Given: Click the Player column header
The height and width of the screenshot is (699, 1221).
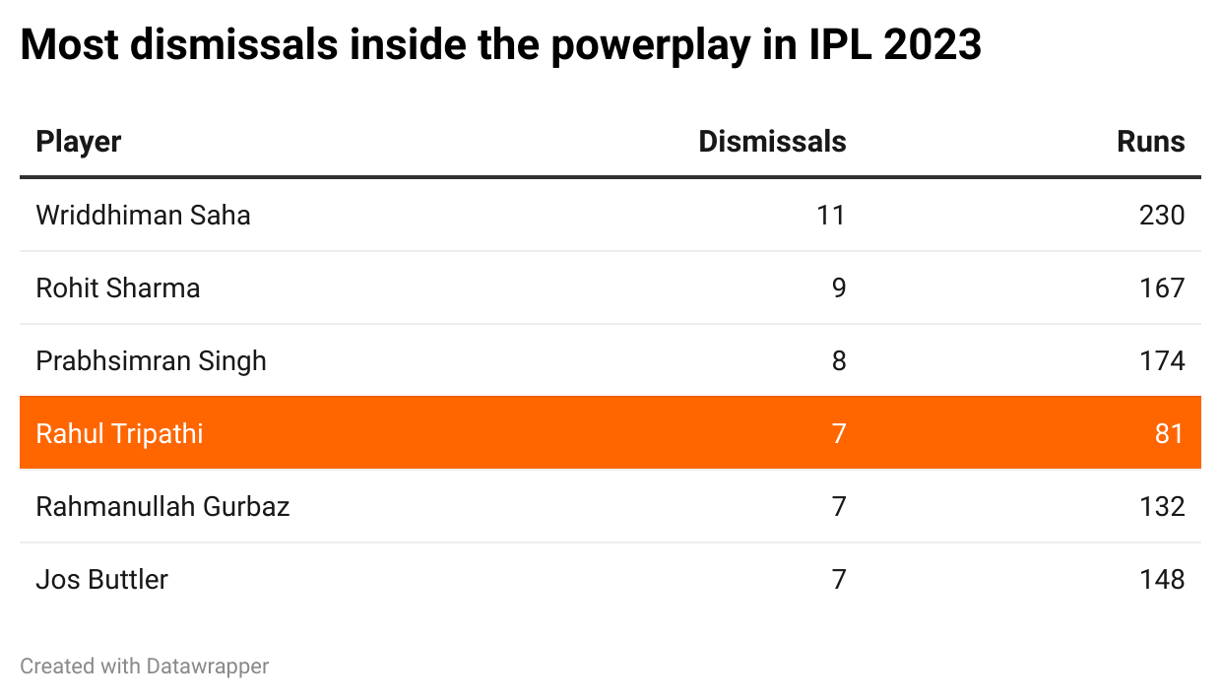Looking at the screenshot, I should point(78,142).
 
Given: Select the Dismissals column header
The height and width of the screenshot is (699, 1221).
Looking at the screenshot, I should point(772,142).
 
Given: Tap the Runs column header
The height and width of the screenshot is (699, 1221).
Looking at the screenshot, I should point(1150,142).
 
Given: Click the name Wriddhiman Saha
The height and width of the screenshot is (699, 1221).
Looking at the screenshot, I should point(143,215).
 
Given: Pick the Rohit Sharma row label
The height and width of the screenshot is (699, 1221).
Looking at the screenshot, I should point(117,287).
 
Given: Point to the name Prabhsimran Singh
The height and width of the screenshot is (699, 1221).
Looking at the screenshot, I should point(151,360).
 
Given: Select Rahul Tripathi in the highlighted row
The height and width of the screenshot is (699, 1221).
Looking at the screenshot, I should point(119,433).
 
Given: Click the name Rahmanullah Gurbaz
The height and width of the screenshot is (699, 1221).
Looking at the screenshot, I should point(162,506).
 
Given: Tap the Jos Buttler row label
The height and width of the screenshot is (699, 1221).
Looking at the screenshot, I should point(101,579).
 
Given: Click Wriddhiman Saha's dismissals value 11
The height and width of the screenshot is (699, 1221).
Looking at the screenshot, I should point(830,215).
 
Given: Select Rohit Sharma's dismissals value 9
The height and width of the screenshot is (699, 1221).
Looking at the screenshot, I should point(838,287).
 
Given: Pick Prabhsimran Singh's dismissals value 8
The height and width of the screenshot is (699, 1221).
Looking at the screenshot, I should point(838,360).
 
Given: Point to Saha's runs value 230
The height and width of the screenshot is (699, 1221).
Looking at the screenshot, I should point(1161,215).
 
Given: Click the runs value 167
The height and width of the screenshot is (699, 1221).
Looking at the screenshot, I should point(1161,287).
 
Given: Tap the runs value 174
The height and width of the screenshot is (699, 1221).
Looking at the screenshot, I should point(1161,360).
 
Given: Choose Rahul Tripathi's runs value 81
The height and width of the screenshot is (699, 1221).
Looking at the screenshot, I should point(1169,433).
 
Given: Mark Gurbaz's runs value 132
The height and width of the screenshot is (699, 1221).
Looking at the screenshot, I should point(1161,506).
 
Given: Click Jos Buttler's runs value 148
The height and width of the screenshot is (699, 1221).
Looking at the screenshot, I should point(1161,579).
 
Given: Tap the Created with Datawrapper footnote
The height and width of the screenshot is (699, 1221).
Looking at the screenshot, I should point(144,667).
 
